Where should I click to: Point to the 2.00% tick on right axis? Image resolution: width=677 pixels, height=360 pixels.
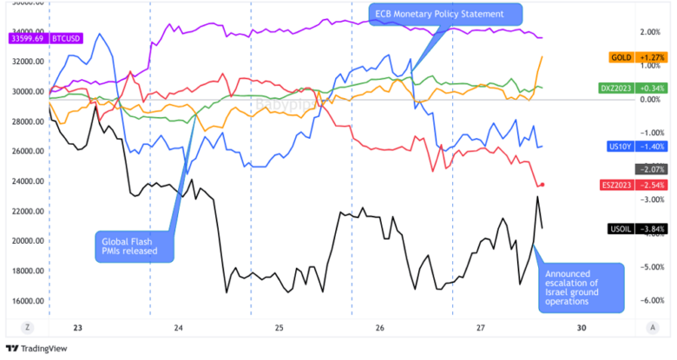[x=649, y=32]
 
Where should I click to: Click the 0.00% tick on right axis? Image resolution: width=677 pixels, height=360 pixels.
[x=649, y=100]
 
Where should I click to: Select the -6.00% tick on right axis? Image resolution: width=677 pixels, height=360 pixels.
[x=649, y=301]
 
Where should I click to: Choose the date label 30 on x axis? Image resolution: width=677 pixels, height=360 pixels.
[x=582, y=328]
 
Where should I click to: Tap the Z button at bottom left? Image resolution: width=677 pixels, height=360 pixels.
[x=29, y=327]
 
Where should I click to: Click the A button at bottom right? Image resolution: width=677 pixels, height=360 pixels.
[x=651, y=327]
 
